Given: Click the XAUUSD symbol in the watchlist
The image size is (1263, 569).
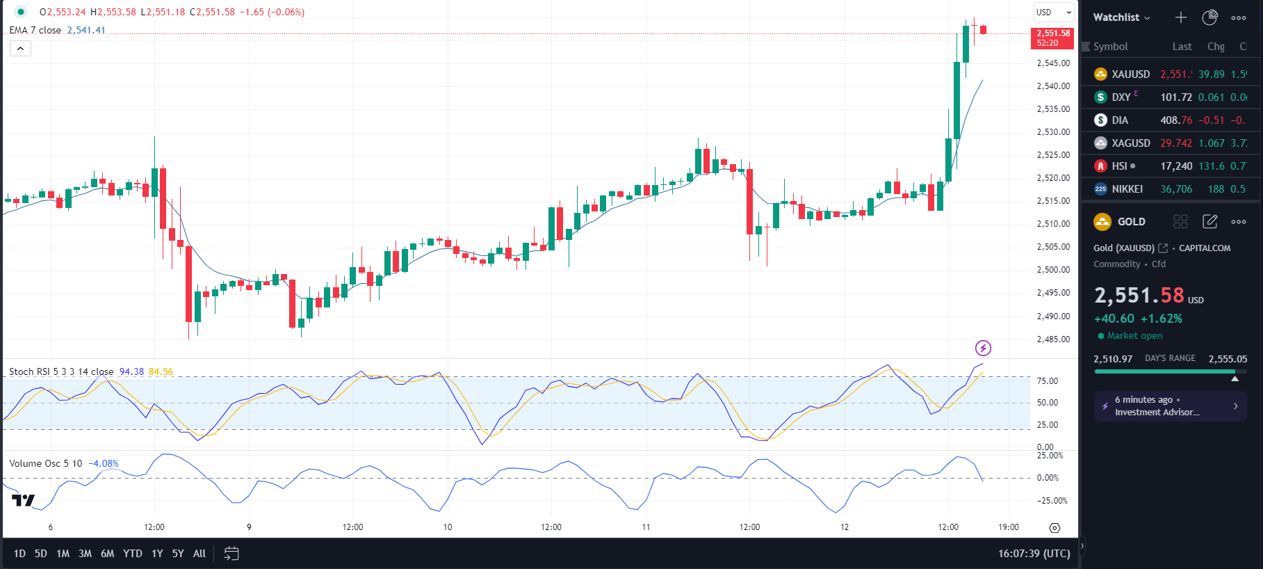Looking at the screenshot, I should tap(1130, 74).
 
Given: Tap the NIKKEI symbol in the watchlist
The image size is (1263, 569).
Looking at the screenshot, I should tap(1127, 189).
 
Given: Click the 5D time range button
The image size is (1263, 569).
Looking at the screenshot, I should tap(41, 554).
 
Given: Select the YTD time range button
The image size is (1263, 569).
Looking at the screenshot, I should tap(132, 554).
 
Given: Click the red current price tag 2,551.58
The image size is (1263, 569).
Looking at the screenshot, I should tap(1052, 38).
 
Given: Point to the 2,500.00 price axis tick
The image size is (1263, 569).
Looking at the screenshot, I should tap(1053, 270).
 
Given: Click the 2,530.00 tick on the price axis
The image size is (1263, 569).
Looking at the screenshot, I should tap(1053, 132).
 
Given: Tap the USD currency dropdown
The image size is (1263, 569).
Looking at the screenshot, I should tap(1054, 13).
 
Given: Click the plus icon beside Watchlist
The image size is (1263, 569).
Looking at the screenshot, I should tap(1181, 17).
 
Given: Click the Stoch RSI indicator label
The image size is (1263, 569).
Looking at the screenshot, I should tap(61, 371).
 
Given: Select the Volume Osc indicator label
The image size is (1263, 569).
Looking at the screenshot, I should tap(45, 463).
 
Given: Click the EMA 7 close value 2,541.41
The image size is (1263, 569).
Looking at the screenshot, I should tap(86, 31).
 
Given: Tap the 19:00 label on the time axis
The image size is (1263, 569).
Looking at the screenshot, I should tap(1009, 527).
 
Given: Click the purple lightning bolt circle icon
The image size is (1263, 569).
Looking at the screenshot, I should tap(983, 348).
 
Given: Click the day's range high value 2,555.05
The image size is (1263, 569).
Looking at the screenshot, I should tap(1228, 359).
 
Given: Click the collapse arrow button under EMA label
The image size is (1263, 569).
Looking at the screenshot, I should tap(20, 49).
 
